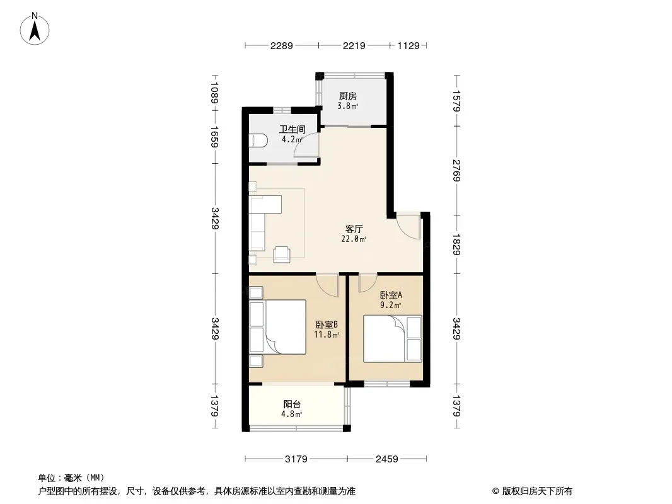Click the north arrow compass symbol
pyautogui.click(x=35, y=29)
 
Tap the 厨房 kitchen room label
pyautogui.click(x=347, y=96)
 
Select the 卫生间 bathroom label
pyautogui.click(x=293, y=129)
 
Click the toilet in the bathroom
pyautogui.click(x=258, y=140)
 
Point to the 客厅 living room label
pyautogui.click(x=354, y=229)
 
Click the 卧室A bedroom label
pyautogui.click(x=391, y=295)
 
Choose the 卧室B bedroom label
pyautogui.click(x=327, y=324)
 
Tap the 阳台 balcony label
pyautogui.click(x=292, y=404)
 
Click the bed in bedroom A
pyautogui.click(x=393, y=339)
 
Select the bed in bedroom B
pyautogui.click(x=278, y=327)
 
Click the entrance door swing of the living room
pyautogui.click(x=408, y=226)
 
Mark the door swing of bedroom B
pyautogui.click(x=327, y=285)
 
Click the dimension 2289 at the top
pyautogui.click(x=282, y=45)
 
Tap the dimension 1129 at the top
pyautogui.click(x=408, y=45)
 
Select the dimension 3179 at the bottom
pyautogui.click(x=296, y=459)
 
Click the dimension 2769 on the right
pyautogui.click(x=456, y=170)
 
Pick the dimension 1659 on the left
pyautogui.click(x=215, y=136)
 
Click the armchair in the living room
pyautogui.click(x=282, y=254)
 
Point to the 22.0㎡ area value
pyautogui.click(x=354, y=239)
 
